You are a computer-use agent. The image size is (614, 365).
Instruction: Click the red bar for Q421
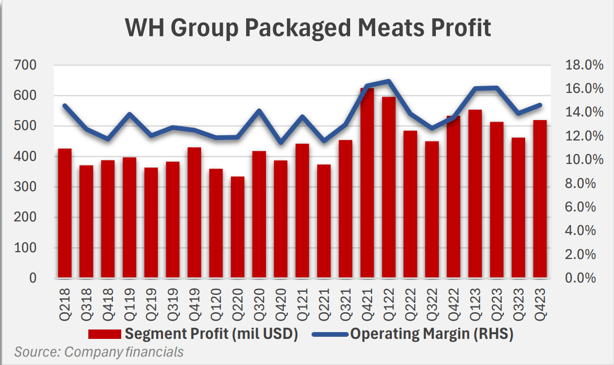click(367, 183)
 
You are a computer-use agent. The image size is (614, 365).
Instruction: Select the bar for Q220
click(237, 227)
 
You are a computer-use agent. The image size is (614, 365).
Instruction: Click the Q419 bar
click(194, 212)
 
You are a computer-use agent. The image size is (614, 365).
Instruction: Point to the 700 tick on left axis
click(26, 65)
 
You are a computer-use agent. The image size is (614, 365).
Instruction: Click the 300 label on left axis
click(26, 187)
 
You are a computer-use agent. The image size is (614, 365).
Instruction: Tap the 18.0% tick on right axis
click(581, 65)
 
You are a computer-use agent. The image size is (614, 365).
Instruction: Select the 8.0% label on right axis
click(581, 183)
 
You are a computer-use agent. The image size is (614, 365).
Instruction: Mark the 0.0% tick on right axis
click(581, 278)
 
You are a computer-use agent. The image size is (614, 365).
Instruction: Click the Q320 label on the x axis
click(259, 300)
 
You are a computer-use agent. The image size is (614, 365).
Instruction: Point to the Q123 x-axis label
click(476, 300)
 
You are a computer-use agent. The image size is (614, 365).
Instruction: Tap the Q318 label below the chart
click(87, 300)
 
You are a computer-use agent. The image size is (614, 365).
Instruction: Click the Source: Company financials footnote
click(99, 352)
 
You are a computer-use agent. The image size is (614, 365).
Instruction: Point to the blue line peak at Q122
click(388, 81)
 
